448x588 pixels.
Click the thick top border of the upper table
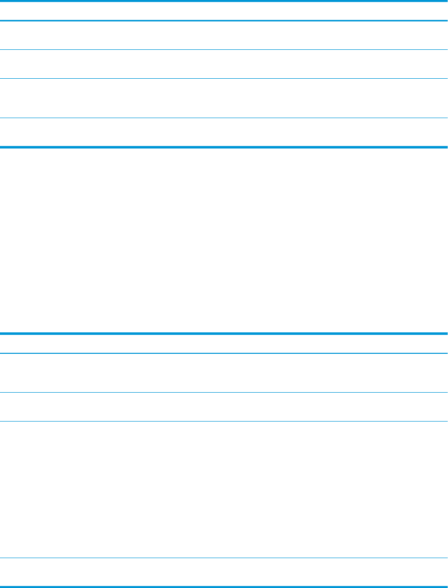tap(224, 1)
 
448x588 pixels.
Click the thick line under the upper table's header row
tap(224, 20)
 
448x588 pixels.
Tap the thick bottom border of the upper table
tap(224, 147)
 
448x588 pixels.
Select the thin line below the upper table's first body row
tap(224, 49)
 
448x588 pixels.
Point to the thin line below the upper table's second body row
tap(224, 78)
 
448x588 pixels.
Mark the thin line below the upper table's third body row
tap(224, 118)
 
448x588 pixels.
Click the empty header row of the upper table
tap(224, 10)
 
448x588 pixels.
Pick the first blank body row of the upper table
tap(224, 35)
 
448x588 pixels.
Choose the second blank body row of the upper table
tap(224, 64)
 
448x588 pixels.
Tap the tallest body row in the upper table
tap(224, 98)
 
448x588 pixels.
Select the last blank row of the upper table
tap(224, 132)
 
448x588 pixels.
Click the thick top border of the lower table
tap(224, 334)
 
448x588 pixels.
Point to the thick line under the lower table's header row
tap(224, 353)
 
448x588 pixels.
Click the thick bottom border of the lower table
tap(224, 587)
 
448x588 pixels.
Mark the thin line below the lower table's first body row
tap(224, 393)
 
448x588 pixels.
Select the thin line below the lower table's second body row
tap(224, 422)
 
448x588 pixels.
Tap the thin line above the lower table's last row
tap(224, 558)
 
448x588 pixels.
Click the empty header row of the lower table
tap(224, 344)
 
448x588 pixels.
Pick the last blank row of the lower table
tap(224, 572)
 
